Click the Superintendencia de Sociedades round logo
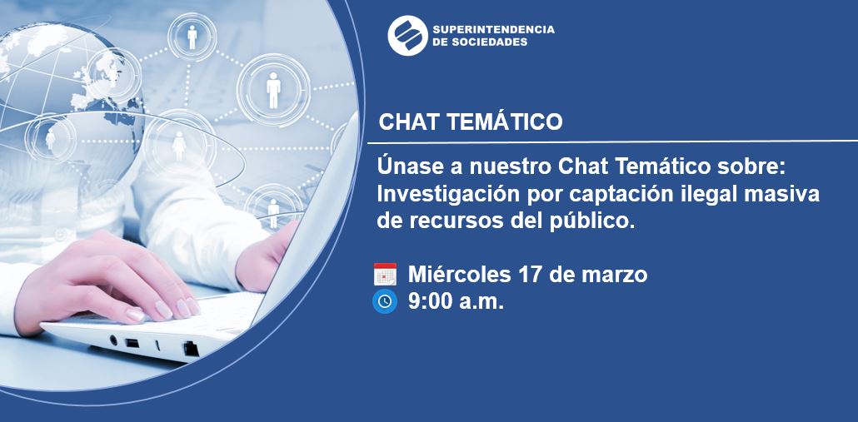(407, 36)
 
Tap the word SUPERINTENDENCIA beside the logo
(493, 29)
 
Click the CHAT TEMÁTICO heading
(471, 122)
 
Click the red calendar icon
(385, 274)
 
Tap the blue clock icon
(385, 301)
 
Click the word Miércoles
(458, 275)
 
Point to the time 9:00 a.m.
(456, 301)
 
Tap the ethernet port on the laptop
(191, 348)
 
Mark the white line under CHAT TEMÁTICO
(612, 142)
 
